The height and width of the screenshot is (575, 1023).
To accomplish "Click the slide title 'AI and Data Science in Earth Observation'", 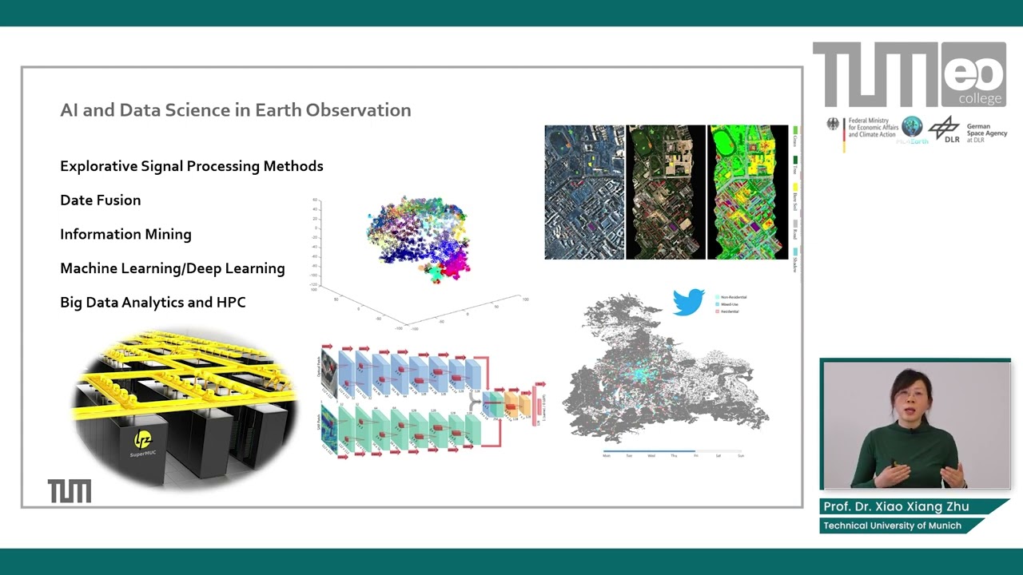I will click(235, 110).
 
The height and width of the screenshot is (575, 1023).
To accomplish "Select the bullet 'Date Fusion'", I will click(100, 200).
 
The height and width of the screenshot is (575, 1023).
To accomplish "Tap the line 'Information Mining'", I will click(125, 235).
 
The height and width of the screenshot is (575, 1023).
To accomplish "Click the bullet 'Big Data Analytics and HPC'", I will click(153, 303).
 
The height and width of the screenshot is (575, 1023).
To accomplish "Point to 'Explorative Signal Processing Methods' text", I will click(191, 166).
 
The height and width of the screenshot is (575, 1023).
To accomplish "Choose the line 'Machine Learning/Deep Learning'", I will click(172, 268).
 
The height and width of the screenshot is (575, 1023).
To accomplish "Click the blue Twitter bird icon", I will click(688, 302).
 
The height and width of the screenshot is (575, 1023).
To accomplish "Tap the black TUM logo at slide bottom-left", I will click(70, 491).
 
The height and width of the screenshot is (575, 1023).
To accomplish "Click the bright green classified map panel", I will click(747, 192).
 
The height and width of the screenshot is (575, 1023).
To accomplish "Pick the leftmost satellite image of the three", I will click(584, 192).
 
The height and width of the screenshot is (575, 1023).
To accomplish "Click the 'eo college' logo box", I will click(973, 75).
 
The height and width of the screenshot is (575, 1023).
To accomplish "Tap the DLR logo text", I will click(951, 139).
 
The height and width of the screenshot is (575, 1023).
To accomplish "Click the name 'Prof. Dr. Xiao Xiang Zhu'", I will click(896, 507).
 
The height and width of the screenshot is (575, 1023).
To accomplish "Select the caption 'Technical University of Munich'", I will click(892, 525).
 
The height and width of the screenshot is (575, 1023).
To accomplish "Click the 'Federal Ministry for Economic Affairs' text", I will click(874, 128).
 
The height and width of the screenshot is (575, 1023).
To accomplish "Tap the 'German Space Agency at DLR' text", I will click(987, 133).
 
